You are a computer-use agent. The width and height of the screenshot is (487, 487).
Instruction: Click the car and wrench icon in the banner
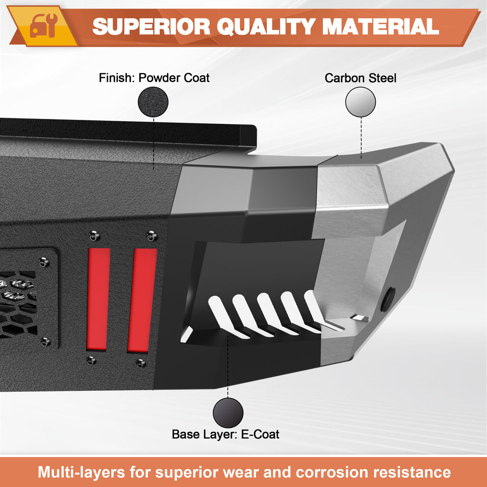point(43,26)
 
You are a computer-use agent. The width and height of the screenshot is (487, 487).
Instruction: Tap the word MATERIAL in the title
point(380,26)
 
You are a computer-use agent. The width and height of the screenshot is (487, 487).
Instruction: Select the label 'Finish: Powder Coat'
point(154,78)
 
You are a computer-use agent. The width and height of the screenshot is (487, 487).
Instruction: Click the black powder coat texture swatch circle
point(153,102)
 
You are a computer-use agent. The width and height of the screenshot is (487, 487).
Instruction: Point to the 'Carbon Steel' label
point(360,78)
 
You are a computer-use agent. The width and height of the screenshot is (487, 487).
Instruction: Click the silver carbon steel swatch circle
point(360,102)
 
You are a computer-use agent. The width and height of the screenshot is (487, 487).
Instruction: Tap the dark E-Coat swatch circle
point(228,413)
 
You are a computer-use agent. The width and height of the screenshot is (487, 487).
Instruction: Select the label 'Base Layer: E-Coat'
point(225,434)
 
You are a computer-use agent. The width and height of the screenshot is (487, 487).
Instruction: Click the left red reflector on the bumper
point(98,299)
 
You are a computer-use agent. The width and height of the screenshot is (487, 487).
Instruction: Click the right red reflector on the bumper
point(143,300)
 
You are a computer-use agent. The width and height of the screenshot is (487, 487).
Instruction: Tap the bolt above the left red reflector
point(95,236)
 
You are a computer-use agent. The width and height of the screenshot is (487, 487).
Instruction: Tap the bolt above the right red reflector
point(152,236)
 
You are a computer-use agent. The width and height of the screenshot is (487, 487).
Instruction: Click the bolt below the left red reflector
point(91,360)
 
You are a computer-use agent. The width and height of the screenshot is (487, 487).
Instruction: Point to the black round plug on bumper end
point(388,300)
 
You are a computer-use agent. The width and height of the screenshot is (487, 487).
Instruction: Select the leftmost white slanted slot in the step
point(227,317)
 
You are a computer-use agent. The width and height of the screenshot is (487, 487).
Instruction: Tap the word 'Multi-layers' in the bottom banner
point(82,473)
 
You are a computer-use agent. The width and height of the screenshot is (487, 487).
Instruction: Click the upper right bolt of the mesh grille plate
point(44,262)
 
